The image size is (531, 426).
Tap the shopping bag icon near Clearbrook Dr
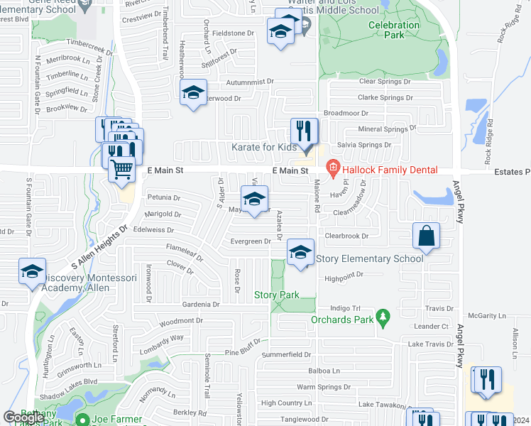(x=425, y=236)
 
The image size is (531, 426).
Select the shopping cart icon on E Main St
(x=122, y=170)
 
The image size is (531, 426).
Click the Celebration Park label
(x=394, y=29)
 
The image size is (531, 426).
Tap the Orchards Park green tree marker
(x=383, y=315)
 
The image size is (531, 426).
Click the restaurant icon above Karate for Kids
(x=304, y=131)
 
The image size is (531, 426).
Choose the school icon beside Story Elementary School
(x=300, y=252)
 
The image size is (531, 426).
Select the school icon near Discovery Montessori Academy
(x=32, y=272)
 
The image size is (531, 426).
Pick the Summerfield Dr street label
(x=286, y=354)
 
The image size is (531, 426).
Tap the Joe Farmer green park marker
(x=84, y=420)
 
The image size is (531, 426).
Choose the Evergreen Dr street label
(x=251, y=241)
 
